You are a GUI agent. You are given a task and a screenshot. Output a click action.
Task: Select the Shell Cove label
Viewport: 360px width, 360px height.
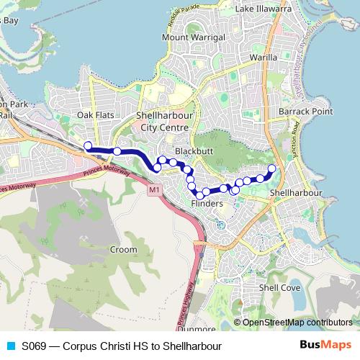coord(280,287)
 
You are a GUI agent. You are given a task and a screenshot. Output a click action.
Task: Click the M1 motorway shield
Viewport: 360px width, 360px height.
coord(153,189)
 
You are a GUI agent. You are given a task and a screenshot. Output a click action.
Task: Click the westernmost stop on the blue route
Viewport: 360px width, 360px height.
coord(88,146)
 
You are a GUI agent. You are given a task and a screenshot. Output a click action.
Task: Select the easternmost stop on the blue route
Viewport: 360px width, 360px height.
coord(272,168)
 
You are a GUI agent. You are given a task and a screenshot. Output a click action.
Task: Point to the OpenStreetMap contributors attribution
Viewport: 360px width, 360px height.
coord(297,323)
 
